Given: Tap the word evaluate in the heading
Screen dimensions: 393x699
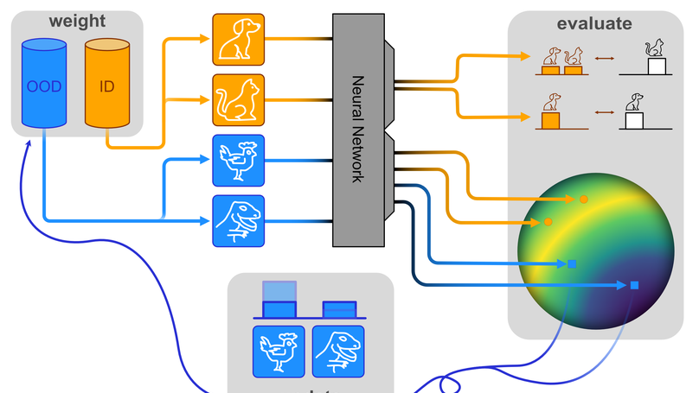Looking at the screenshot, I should (x=593, y=23).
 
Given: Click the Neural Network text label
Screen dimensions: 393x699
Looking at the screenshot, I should (x=356, y=130).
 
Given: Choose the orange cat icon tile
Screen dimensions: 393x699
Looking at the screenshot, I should (x=238, y=100).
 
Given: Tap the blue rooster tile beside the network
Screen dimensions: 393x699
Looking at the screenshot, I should (x=238, y=161).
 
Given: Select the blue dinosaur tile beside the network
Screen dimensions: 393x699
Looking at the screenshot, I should (x=238, y=221).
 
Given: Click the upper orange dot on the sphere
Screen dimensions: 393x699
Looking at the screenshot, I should (x=584, y=200).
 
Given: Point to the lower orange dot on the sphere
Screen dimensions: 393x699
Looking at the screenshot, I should (x=548, y=223).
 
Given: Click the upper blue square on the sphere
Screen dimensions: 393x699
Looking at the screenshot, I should (x=571, y=263).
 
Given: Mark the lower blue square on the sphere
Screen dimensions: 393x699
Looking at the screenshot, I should (x=634, y=285).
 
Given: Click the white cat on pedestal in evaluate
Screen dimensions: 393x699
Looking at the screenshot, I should (x=656, y=59).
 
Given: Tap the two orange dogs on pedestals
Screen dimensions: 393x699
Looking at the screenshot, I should (x=561, y=61).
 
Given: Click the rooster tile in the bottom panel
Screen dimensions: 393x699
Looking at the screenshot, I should (x=279, y=351).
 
